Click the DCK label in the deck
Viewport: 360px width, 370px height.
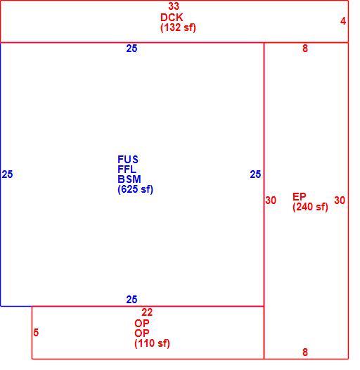(172, 18)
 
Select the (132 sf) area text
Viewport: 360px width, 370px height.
(178, 27)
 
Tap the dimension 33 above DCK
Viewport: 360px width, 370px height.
(174, 6)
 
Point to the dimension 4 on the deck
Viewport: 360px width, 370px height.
(343, 21)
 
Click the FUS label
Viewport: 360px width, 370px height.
(128, 159)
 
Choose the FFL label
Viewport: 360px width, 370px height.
(127, 170)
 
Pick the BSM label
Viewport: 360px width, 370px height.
(129, 179)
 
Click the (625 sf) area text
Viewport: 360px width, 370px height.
(135, 189)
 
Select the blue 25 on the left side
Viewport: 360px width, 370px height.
(7, 174)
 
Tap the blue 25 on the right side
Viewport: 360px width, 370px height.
(255, 174)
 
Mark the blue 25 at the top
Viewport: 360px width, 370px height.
(131, 49)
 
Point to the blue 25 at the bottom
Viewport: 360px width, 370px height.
(131, 300)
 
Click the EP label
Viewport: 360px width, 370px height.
(299, 196)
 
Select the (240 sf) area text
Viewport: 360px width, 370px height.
(310, 207)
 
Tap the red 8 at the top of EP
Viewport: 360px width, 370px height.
(305, 49)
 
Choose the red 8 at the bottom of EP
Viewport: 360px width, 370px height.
(305, 352)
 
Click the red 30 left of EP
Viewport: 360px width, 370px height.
(271, 200)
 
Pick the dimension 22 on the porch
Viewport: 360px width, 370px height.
(147, 312)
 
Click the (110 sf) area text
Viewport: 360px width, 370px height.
(152, 343)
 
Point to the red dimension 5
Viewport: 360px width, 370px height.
(36, 333)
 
